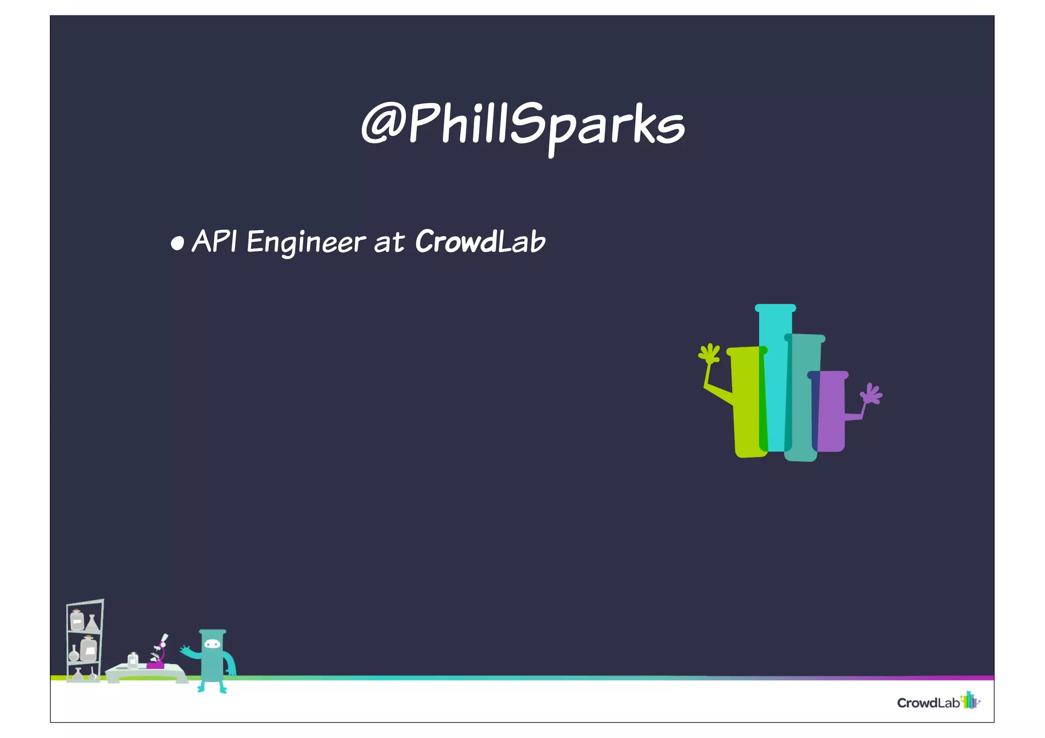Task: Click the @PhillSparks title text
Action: [x=522, y=124]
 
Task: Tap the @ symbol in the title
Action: [x=382, y=122]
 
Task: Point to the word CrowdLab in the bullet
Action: [x=480, y=241]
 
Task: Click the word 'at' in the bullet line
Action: [x=389, y=243]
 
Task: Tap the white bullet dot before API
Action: [x=177, y=243]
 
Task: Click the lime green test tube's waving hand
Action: [x=709, y=353]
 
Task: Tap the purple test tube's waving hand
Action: [x=872, y=394]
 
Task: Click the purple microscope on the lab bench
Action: [x=158, y=656]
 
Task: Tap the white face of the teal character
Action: [x=212, y=645]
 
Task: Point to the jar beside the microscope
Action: [x=133, y=660]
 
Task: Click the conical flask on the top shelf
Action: [x=92, y=623]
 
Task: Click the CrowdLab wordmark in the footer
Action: [x=928, y=703]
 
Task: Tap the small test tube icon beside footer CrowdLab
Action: [x=970, y=700]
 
